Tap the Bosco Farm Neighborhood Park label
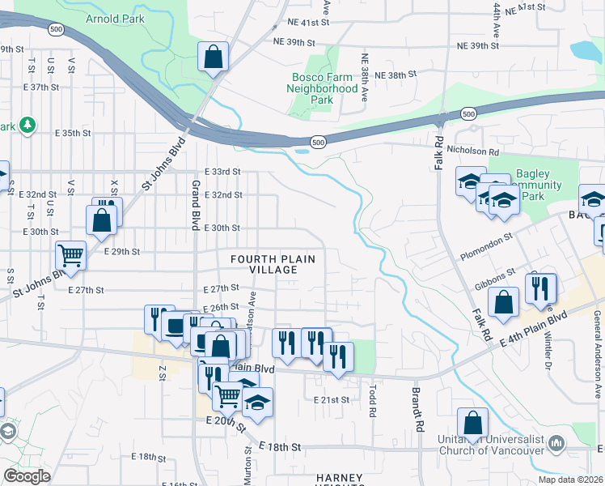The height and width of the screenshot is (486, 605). [324, 88]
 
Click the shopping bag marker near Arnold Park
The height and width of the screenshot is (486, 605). [214, 58]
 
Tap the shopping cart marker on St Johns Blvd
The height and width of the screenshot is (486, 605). [71, 256]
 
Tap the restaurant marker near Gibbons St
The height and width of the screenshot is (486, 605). [539, 288]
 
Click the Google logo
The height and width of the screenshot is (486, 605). [27, 475]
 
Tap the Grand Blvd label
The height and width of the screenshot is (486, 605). [196, 206]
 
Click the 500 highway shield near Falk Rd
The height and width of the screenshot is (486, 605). [468, 114]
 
